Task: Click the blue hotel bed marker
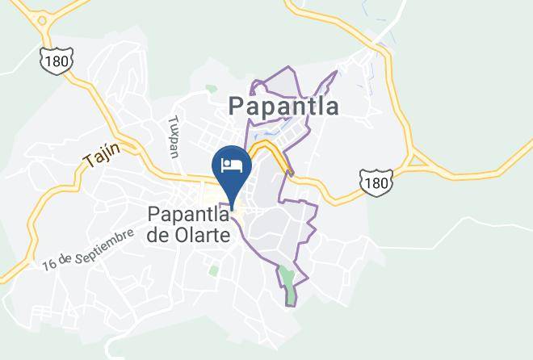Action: pyautogui.click(x=231, y=170)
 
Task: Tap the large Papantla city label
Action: pyautogui.click(x=283, y=107)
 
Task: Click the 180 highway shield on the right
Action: pyautogui.click(x=376, y=182)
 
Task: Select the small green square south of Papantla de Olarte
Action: pyautogui.click(x=213, y=270)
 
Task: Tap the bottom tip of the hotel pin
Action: pyautogui.click(x=232, y=207)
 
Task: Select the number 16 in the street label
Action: pyautogui.click(x=50, y=263)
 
